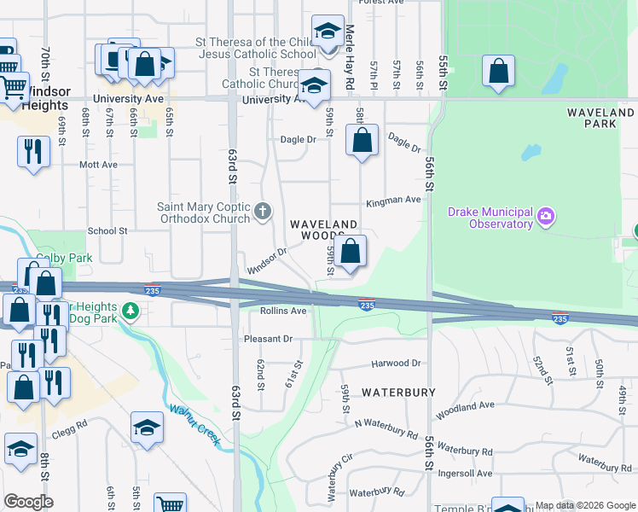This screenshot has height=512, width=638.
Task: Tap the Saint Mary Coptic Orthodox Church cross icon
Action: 264,211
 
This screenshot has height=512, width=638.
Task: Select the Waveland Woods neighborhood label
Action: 323,230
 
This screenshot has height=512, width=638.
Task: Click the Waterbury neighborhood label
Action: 398,393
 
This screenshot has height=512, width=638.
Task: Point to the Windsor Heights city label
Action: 35,98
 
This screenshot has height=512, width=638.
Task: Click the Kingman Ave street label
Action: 393,201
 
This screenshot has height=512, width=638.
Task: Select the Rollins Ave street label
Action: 283,311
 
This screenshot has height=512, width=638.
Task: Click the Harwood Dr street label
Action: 397,364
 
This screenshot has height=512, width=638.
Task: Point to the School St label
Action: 107,230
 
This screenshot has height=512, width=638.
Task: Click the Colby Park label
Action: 52,259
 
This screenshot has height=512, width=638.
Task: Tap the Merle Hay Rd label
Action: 350,58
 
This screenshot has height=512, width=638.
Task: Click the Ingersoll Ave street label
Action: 461,473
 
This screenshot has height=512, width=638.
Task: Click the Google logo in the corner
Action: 28,502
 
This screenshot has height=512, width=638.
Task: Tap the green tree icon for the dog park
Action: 130,311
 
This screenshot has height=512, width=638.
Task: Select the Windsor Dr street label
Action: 267,260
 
